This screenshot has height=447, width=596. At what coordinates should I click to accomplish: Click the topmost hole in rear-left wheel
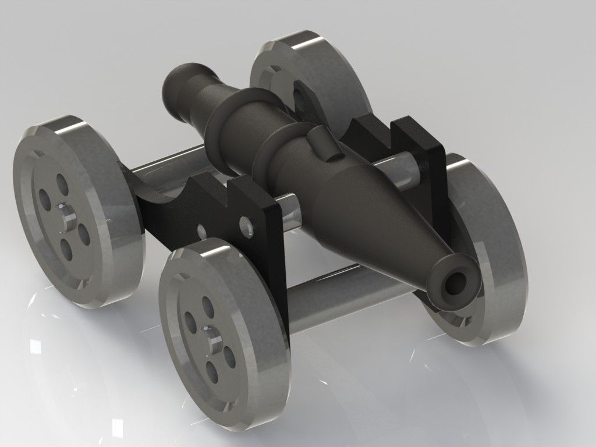[x=60, y=182]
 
